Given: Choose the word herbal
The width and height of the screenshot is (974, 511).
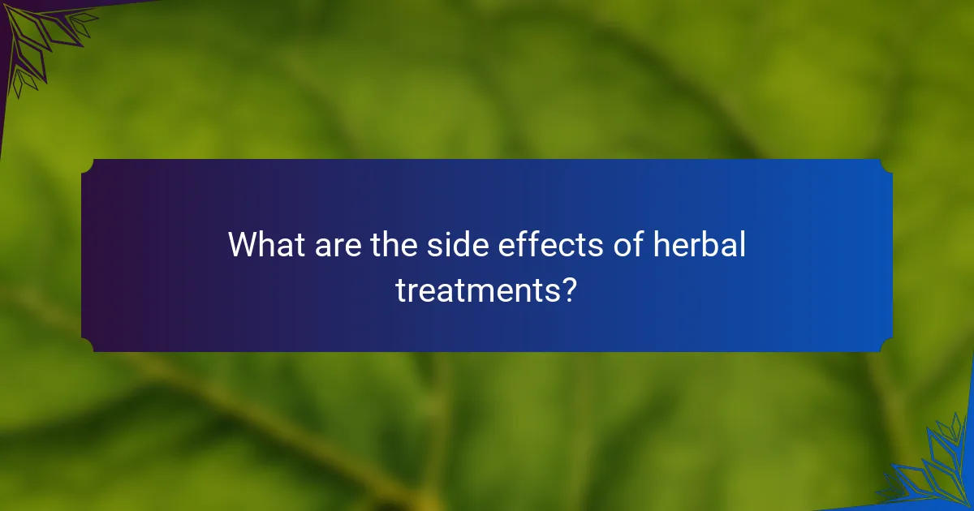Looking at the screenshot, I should pos(700,244).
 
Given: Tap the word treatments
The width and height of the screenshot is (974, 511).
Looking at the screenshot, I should pos(476,290).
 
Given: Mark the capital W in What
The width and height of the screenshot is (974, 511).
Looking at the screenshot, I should pos(243,244).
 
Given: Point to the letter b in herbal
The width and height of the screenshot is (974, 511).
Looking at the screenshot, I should pos(712,244).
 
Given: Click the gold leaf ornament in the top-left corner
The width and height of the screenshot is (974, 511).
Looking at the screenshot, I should pos(37,36).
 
